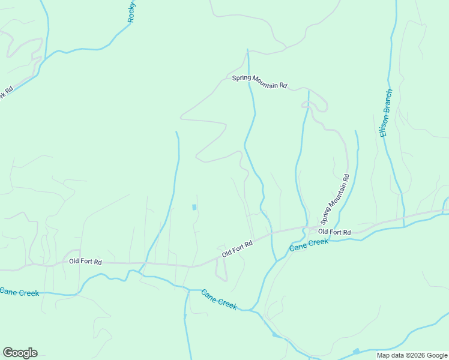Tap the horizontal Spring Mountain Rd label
[260, 82]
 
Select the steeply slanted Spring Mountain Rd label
[335, 199]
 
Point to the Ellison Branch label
[387, 113]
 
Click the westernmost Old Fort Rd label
[85, 262]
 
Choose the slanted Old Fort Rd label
[237, 247]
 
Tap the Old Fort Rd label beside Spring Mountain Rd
[334, 232]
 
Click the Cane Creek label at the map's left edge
[19, 292]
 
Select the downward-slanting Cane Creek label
[219, 299]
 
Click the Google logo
[20, 353]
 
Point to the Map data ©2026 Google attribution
[412, 355]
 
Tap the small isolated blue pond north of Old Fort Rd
[194, 207]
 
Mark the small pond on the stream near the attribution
[356, 350]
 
